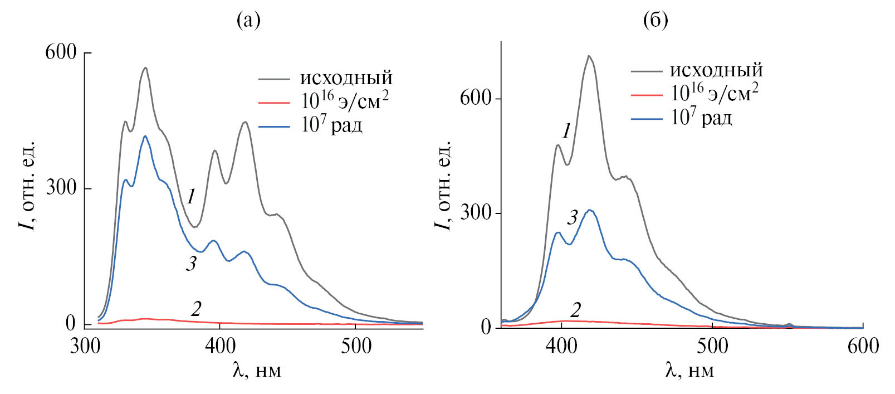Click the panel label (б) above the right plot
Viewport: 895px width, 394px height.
656,20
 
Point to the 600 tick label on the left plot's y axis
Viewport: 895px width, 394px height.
61,52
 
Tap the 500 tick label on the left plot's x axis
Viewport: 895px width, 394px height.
356,346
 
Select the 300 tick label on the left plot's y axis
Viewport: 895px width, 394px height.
61,187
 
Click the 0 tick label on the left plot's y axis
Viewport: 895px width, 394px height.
71,323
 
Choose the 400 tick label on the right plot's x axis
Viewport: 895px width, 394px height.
561,346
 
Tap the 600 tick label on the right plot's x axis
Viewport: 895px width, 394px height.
863,346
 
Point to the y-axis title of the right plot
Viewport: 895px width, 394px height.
442,185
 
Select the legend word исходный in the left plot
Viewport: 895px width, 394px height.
346,78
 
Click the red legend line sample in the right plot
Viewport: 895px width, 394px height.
647,95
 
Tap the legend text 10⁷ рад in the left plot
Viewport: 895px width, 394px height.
332,125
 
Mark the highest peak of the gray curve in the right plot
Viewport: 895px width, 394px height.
589,56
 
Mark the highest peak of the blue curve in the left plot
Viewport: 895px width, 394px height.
145,135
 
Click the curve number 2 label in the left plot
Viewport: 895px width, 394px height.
196,308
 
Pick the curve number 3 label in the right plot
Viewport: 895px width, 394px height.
573,217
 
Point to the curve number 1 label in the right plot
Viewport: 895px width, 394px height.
566,131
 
